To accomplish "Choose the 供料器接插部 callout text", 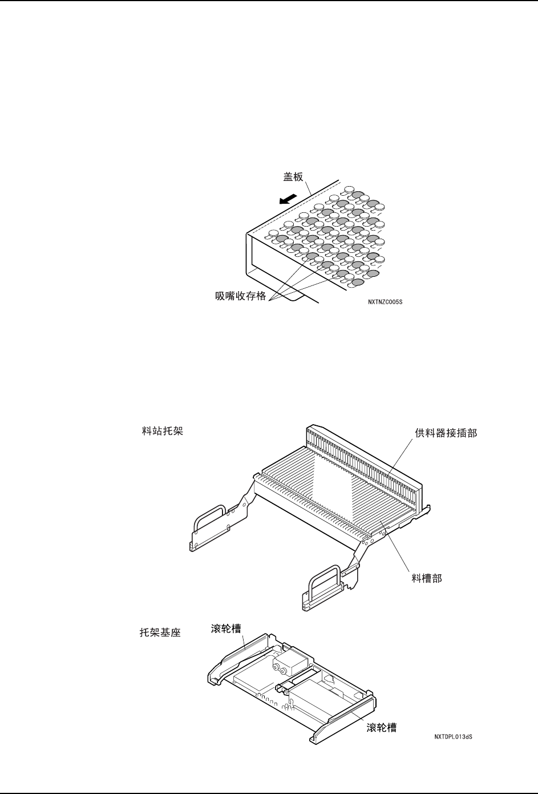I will coord(446,433).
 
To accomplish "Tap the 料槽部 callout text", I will coord(427,578).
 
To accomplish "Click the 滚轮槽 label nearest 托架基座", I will coord(223,628).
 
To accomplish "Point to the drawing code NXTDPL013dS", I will coord(454,737).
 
